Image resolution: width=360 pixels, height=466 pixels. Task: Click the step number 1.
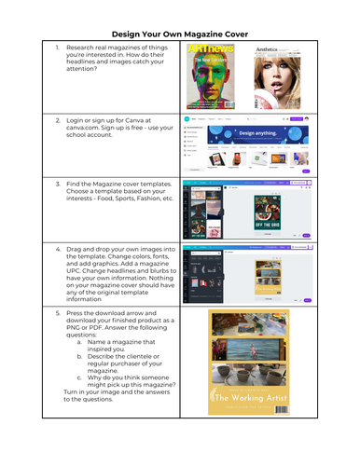(x=57, y=47)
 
